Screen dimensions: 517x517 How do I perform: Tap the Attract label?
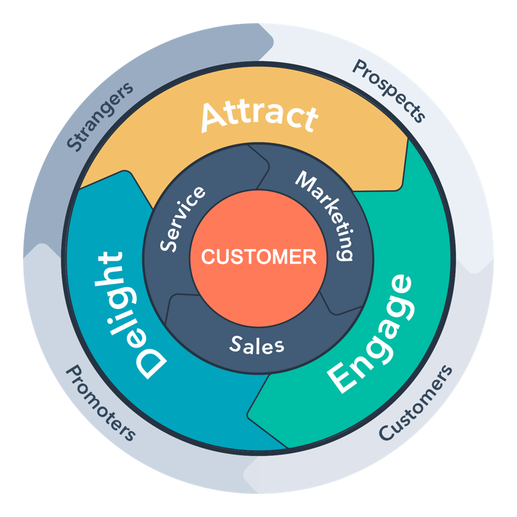[259, 116]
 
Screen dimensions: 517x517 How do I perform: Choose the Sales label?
[257, 344]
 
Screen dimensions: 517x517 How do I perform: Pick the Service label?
[182, 218]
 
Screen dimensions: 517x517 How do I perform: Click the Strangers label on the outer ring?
[100, 116]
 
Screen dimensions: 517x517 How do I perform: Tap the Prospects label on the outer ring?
[389, 91]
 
